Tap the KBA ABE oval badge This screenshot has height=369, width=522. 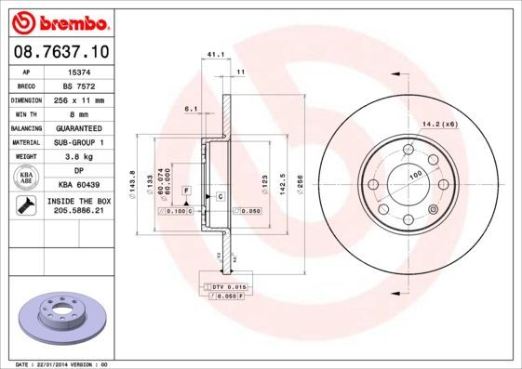[27, 178]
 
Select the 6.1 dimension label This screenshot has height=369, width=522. [191, 109]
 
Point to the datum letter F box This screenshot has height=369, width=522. [187, 190]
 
